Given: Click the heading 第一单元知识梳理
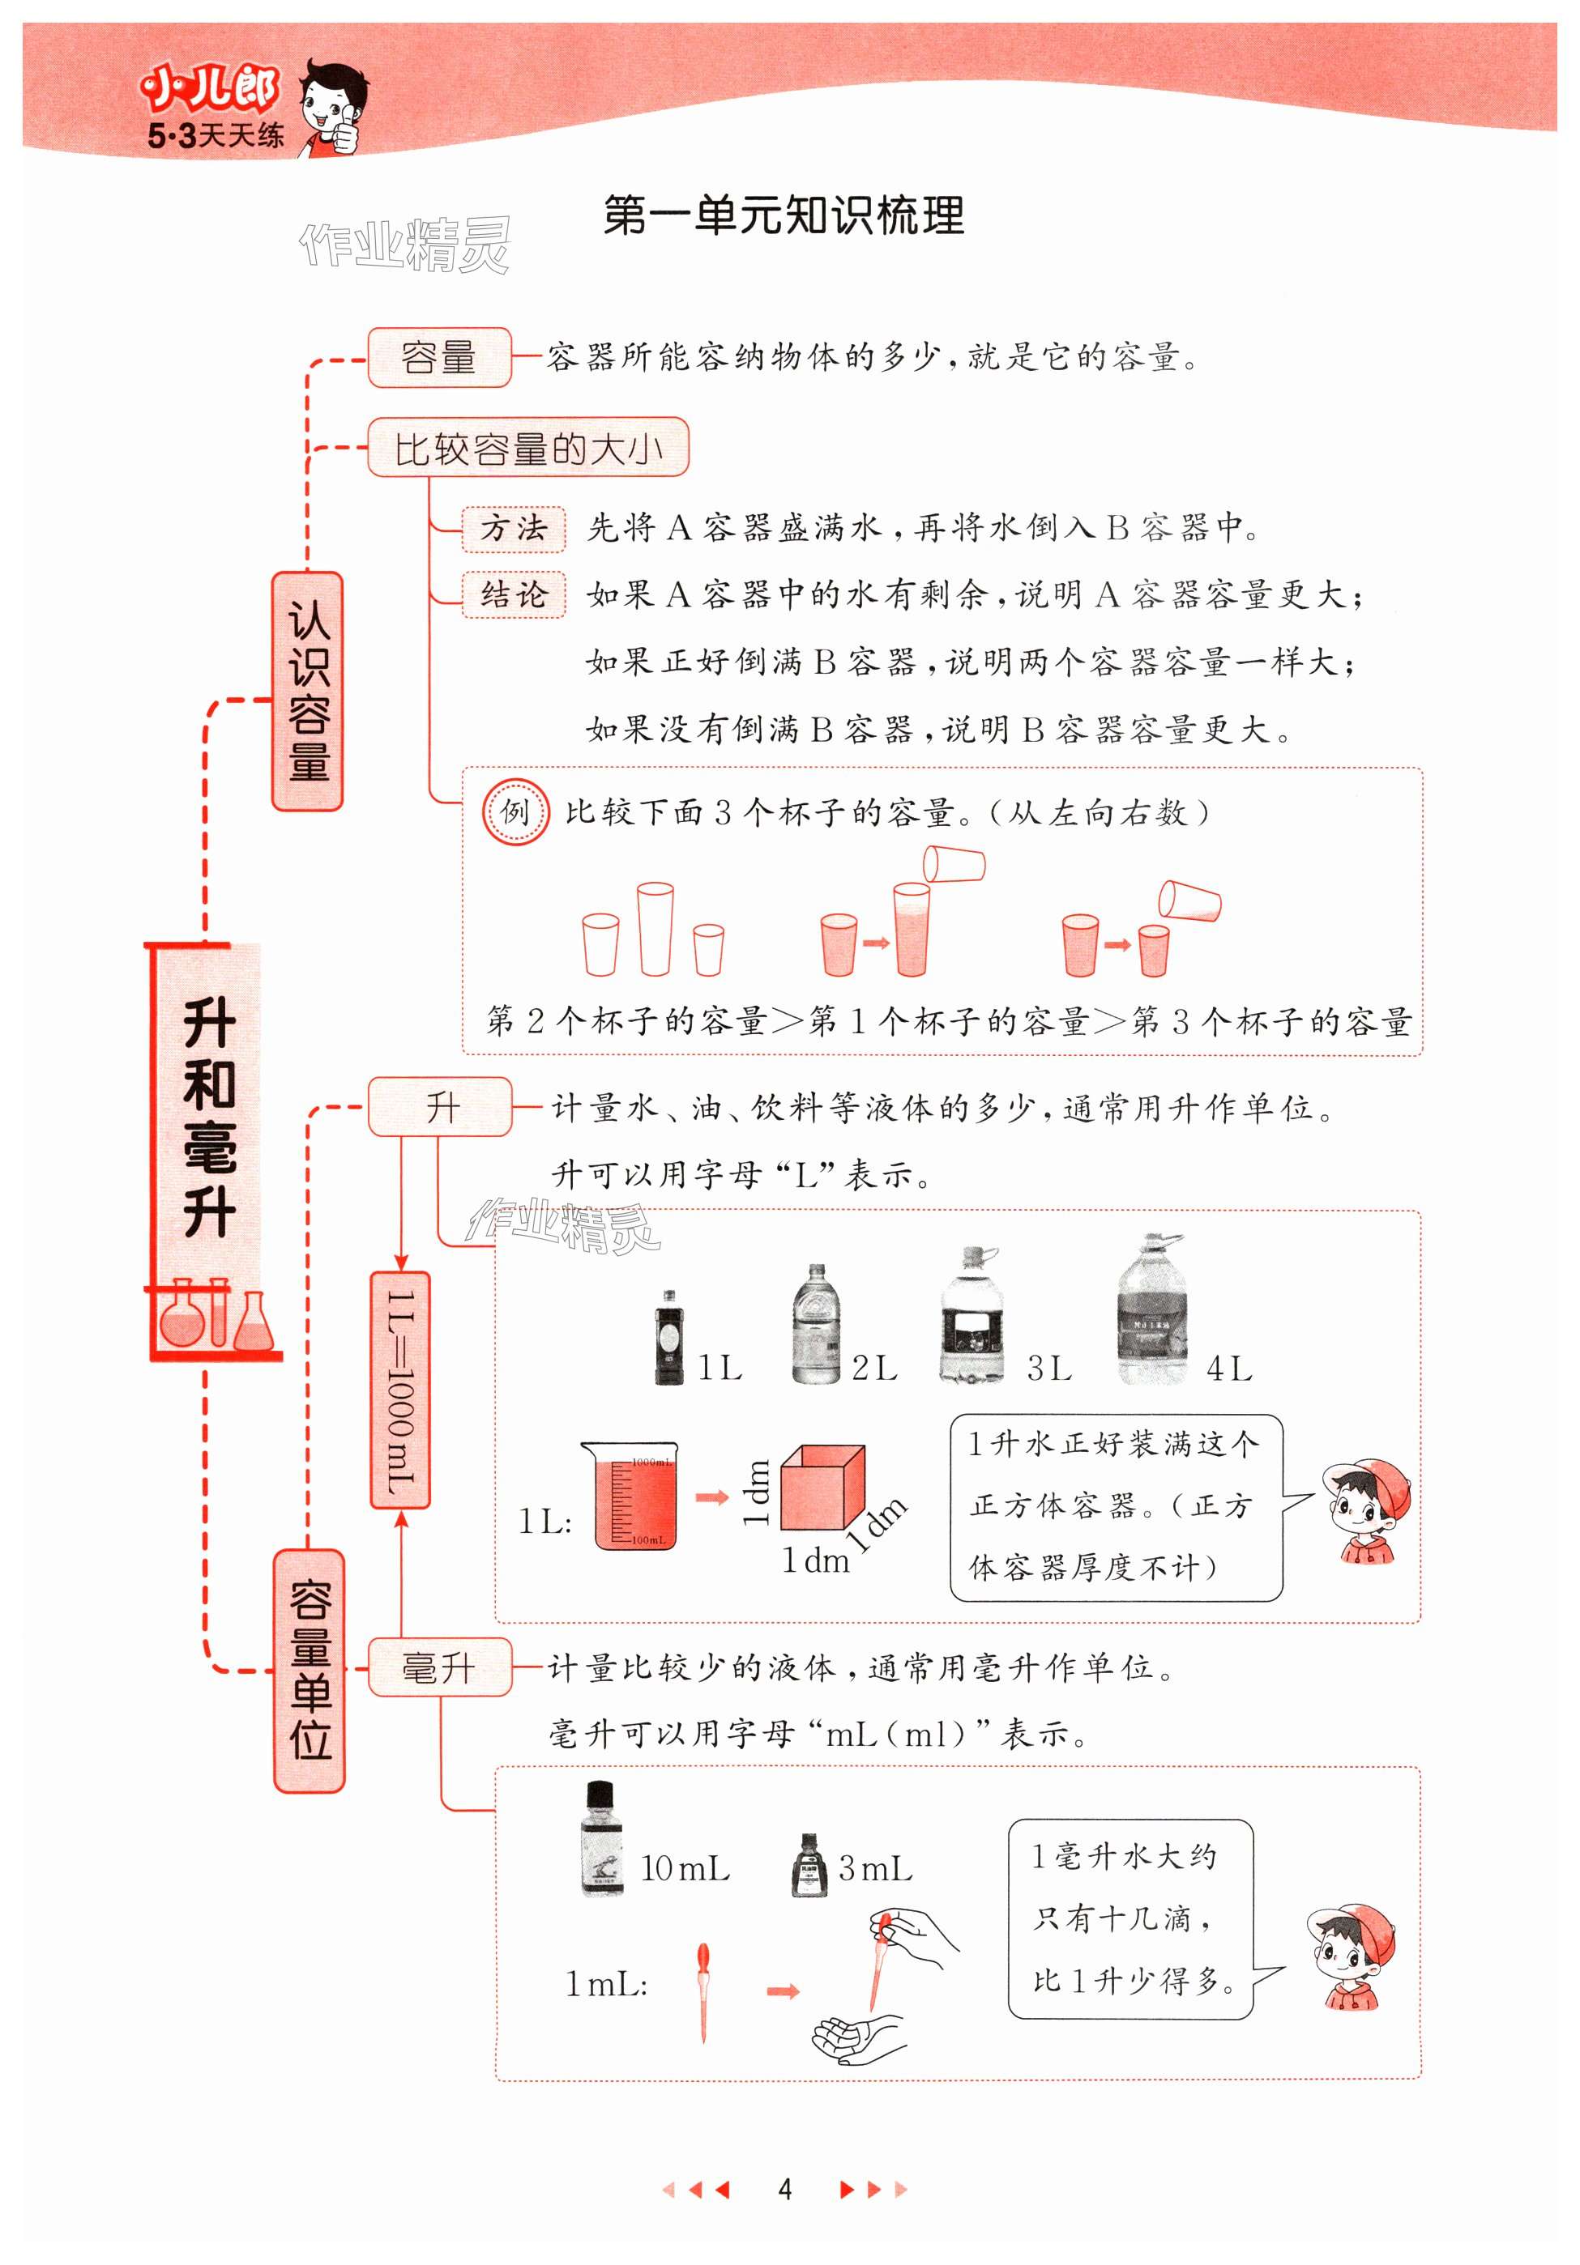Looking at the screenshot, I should [x=784, y=216].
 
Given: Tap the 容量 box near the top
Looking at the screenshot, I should [x=439, y=357].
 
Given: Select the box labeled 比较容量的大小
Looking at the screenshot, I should [x=528, y=448].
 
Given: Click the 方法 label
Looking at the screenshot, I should [x=513, y=529].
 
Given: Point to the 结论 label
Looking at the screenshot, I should [x=513, y=595].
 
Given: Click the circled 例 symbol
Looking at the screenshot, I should [x=515, y=812].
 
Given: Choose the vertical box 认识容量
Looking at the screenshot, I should [x=308, y=691].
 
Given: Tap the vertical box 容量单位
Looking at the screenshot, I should [x=310, y=1669].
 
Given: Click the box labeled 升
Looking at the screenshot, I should [x=440, y=1107].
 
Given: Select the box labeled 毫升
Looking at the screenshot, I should [x=439, y=1667].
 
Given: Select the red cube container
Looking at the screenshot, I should [x=822, y=1488].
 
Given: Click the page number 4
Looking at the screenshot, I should [x=784, y=2189].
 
